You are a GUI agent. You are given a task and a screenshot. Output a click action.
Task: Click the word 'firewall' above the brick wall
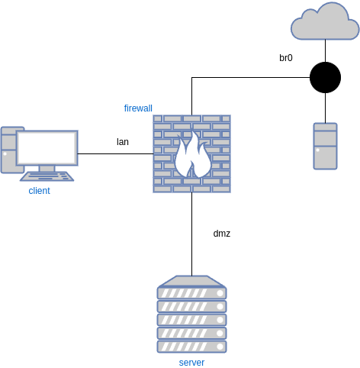(x=138, y=108)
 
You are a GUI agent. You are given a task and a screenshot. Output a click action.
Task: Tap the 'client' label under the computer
(x=40, y=190)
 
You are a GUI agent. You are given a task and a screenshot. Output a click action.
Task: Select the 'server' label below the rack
(x=191, y=362)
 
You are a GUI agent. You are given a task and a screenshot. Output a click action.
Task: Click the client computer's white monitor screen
(x=47, y=147)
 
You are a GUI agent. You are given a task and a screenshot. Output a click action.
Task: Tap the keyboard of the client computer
(x=47, y=176)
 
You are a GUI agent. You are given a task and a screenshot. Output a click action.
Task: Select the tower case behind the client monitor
(x=8, y=149)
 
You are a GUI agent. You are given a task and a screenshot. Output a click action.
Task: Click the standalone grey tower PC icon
(x=325, y=146)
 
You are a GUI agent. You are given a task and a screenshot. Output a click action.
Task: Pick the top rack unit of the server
(x=191, y=292)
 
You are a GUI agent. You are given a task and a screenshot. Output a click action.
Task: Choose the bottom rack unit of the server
(x=191, y=347)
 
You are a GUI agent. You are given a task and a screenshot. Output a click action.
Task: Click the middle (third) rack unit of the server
(x=191, y=320)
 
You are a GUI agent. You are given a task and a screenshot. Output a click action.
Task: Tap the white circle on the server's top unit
(x=220, y=292)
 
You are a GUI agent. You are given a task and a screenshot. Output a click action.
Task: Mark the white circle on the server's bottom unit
(x=220, y=347)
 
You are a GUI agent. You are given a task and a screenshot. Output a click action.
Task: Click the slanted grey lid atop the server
(x=191, y=280)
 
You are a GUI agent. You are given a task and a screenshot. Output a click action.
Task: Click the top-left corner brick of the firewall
(x=159, y=119)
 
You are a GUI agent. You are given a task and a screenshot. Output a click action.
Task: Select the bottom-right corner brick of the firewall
(x=224, y=188)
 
